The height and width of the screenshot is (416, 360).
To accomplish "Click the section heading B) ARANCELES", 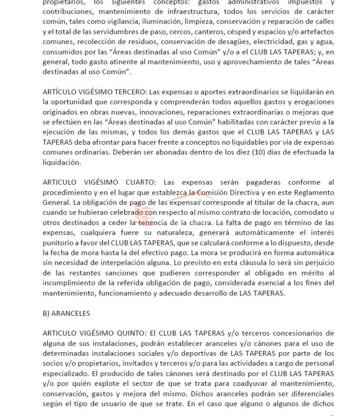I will click(66, 313).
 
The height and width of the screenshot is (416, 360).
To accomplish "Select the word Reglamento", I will click(311, 192).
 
